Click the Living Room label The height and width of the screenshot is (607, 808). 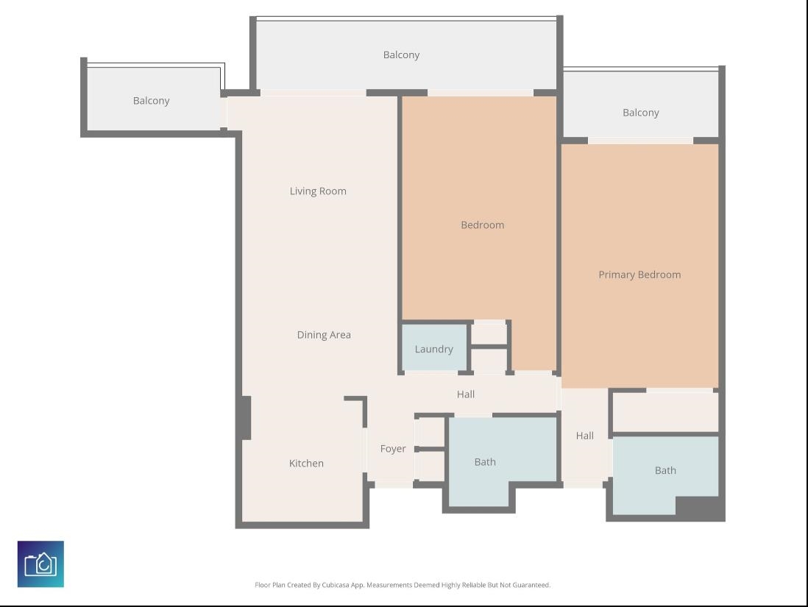point(318,191)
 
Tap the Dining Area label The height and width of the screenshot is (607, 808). point(324,335)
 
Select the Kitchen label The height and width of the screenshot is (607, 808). point(306,464)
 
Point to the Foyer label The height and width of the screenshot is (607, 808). point(393,449)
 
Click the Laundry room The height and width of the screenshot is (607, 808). point(434,347)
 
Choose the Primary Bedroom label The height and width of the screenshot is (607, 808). point(639,274)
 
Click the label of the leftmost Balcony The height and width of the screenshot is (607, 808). point(151,101)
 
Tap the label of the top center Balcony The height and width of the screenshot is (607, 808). point(401,54)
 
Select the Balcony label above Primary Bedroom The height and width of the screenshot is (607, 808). point(640,113)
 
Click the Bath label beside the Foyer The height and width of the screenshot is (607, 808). point(485,462)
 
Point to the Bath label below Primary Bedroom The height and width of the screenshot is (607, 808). point(665,470)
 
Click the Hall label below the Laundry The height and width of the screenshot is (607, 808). point(465,394)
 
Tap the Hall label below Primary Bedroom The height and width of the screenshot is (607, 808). point(584,436)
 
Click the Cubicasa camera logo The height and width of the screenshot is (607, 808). point(40,564)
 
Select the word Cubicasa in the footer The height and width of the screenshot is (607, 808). point(335,585)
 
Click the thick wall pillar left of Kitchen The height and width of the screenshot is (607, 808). point(247,418)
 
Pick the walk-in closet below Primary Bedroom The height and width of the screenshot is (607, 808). point(665,412)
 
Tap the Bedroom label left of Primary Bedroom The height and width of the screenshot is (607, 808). point(482,224)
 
